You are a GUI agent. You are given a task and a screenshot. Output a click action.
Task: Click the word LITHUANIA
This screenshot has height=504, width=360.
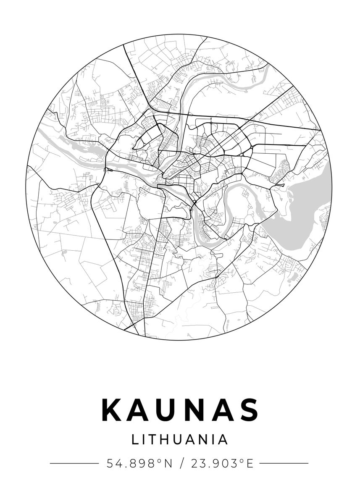[180, 440]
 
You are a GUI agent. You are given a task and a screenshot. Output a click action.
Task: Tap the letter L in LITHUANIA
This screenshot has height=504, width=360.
[135, 440]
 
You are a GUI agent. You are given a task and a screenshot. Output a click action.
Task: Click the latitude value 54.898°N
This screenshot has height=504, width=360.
[139, 464]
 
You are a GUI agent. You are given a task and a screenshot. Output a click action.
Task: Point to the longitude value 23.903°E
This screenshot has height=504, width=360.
[222, 464]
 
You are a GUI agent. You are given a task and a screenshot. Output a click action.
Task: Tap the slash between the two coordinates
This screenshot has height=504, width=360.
[181, 464]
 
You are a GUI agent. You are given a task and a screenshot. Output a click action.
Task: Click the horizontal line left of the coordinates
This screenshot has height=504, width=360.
[74, 464]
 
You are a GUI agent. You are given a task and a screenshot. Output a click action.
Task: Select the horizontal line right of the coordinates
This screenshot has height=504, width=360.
[284, 464]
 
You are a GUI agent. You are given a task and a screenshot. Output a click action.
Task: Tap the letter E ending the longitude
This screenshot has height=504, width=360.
[250, 464]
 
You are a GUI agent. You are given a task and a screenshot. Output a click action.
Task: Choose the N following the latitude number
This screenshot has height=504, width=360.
[168, 464]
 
